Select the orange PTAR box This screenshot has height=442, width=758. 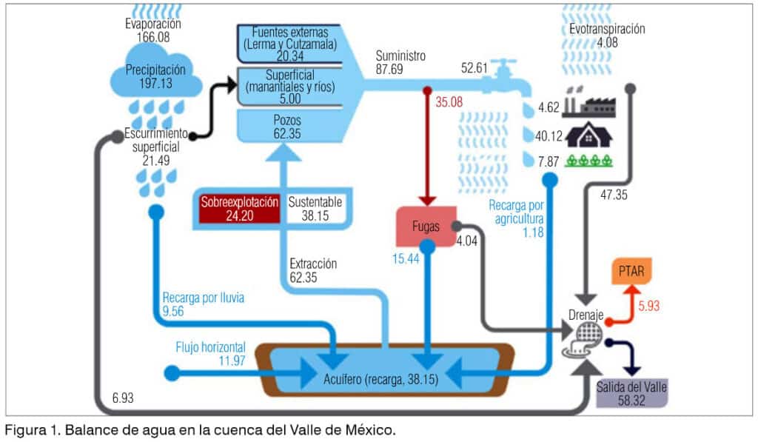click(630, 272)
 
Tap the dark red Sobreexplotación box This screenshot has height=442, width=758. click(239, 209)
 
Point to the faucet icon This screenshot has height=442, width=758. click(509, 73)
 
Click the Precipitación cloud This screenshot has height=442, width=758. click(155, 74)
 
